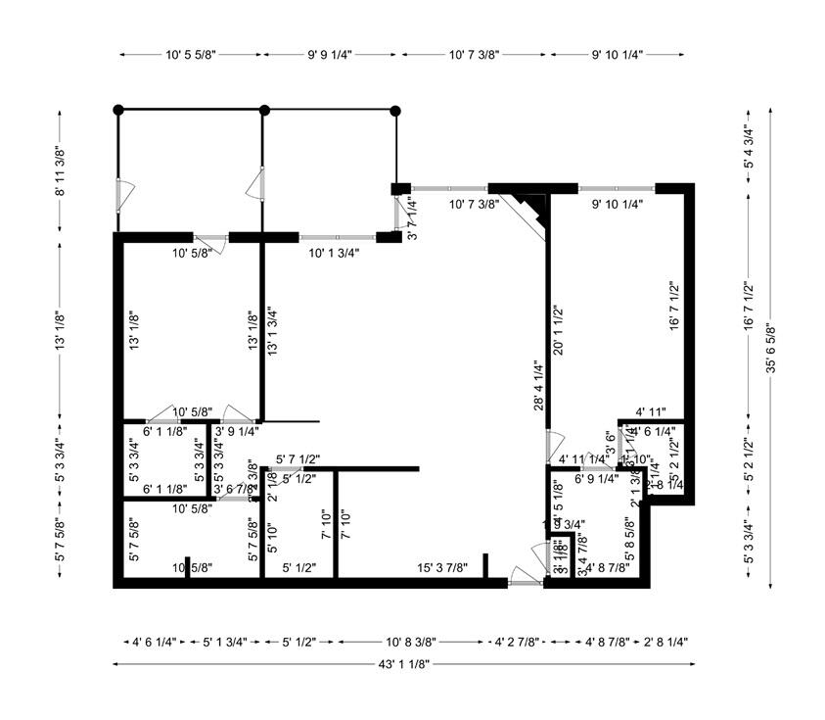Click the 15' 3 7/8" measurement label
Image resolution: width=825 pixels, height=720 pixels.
click(x=442, y=567)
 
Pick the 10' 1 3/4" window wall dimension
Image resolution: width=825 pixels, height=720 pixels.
click(x=335, y=253)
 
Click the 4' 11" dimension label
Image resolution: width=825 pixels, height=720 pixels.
click(x=651, y=412)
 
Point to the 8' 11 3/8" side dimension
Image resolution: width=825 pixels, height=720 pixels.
click(x=60, y=171)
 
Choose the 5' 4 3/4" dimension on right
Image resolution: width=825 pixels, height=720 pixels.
click(x=749, y=147)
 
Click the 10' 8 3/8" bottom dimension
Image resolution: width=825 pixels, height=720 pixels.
click(x=411, y=643)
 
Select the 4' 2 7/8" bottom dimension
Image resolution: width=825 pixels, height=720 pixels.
click(x=519, y=643)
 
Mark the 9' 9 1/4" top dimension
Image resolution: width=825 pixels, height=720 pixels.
click(x=332, y=56)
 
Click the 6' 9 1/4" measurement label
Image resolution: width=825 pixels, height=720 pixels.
click(x=596, y=479)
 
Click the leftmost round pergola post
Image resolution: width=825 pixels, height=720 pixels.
click(x=117, y=110)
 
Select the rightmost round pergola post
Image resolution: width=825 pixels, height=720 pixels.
click(x=395, y=111)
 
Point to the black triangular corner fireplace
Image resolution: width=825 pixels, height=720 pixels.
click(x=532, y=208)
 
